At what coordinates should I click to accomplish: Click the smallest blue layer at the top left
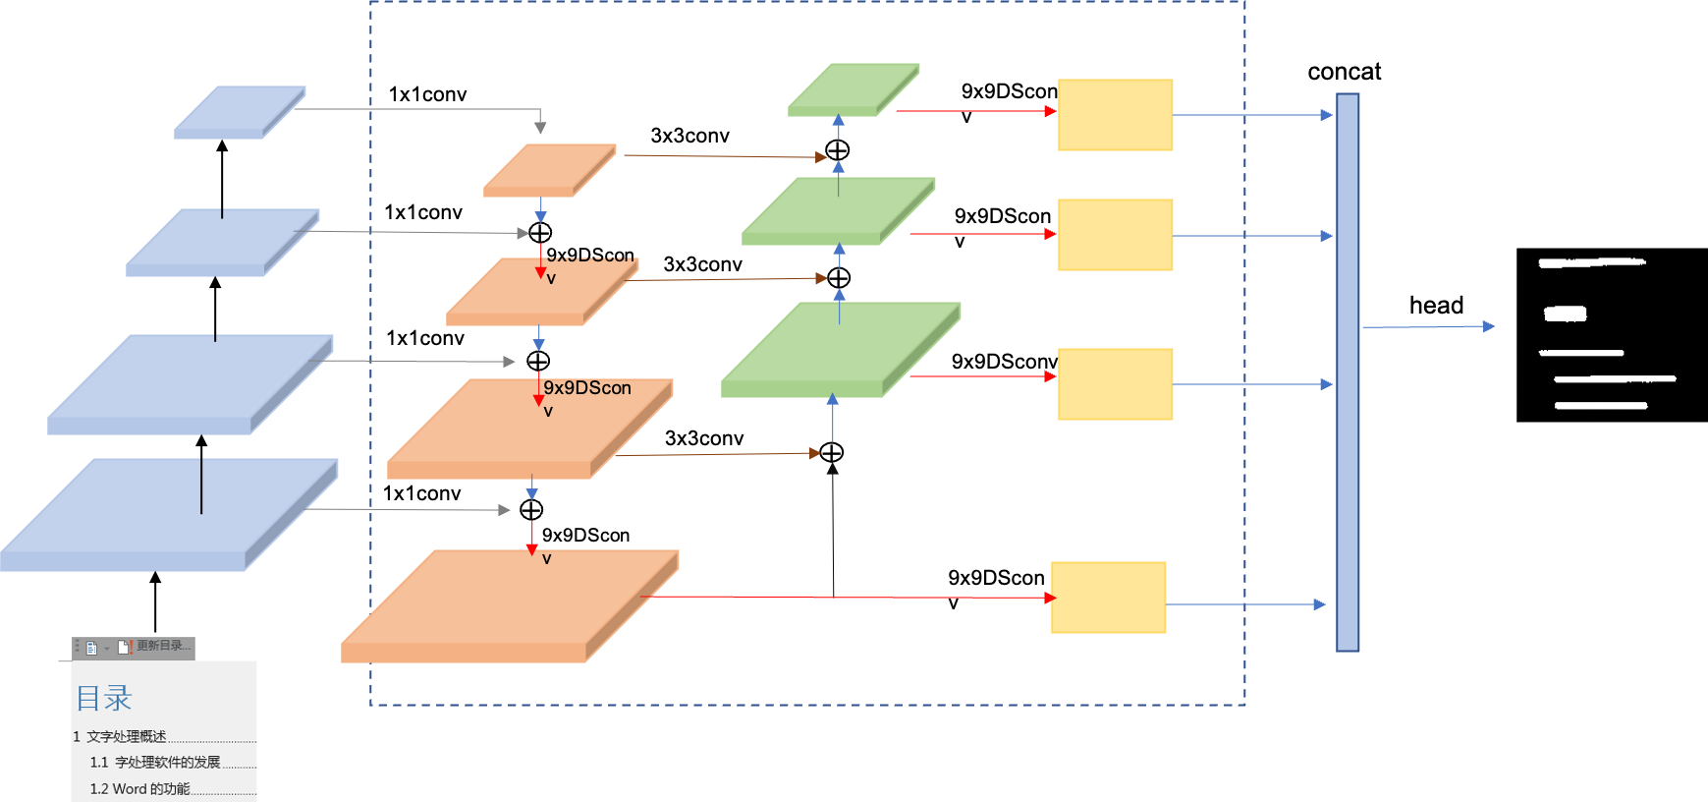coord(240,111)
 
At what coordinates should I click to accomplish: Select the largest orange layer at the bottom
coord(509,605)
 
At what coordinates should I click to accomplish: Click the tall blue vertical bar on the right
coord(1348,372)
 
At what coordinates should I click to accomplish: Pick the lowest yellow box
coord(1108,598)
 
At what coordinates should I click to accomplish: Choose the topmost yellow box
coord(1115,115)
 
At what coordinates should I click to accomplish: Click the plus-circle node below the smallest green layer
coord(838,150)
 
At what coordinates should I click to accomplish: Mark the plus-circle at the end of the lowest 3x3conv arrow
coord(832,452)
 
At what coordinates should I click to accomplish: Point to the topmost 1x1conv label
coord(427,94)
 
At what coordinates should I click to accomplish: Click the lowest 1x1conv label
coord(421,493)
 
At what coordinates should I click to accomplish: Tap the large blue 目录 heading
coord(104,698)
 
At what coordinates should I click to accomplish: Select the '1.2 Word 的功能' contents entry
coord(139,788)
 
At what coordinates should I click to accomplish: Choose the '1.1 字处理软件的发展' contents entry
coord(154,762)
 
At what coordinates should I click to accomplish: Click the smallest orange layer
coord(549,169)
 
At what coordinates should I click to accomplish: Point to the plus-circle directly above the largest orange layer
coord(531,509)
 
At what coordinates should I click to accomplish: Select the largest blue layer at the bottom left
coord(169,514)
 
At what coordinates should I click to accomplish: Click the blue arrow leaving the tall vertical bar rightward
coord(1429,326)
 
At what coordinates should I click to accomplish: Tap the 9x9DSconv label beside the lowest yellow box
coord(995,579)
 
